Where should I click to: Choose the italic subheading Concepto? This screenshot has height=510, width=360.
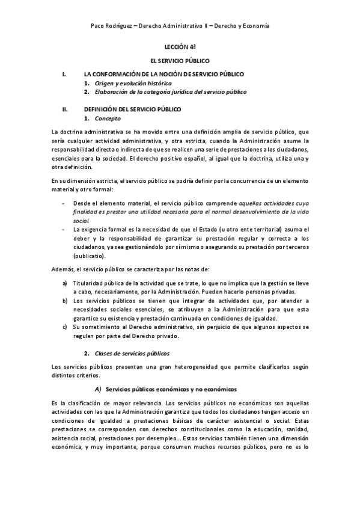(108, 118)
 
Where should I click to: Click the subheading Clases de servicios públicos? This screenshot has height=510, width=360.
(132, 353)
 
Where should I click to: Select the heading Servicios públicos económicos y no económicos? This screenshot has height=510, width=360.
(171, 389)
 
